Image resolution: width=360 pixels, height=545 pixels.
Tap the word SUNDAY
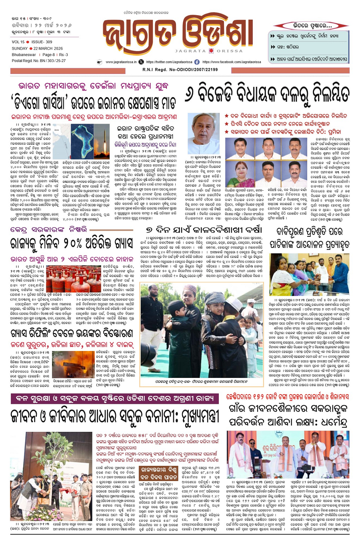pyautogui.click(x=20, y=48)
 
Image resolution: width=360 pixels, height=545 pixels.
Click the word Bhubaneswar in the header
pyautogui.click(x=24, y=55)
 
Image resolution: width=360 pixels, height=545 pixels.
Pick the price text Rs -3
pyautogui.click(x=64, y=55)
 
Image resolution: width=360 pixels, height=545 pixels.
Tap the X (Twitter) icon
pyautogui.click(x=141, y=62)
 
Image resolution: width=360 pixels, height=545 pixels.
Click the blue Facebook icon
pyautogui.click(x=197, y=62)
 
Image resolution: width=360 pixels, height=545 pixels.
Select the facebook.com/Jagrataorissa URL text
pyautogui.click(x=232, y=62)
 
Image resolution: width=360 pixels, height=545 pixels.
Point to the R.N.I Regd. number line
pyautogui.click(x=180, y=70)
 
